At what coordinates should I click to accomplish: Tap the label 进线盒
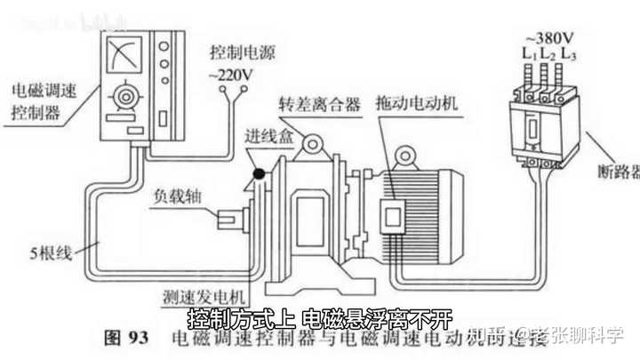tap(264, 138)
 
